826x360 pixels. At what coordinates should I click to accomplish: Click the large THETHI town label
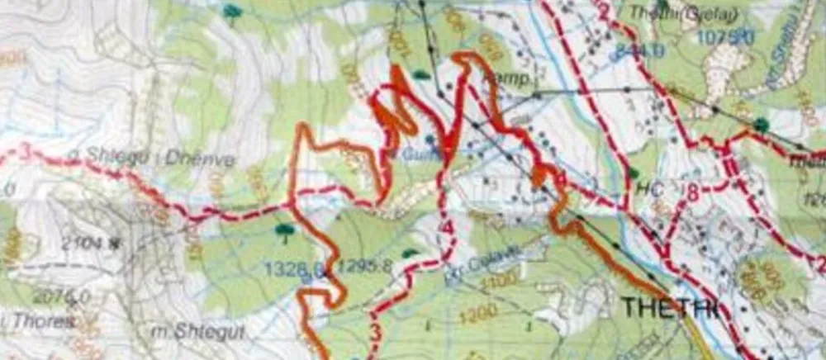coord(668,307)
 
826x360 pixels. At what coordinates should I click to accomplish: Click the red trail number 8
coord(692,193)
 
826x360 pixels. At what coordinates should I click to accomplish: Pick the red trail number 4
coord(447,227)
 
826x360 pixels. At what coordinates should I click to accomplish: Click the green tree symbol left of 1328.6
coord(286,229)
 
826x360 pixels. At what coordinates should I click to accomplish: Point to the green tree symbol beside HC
coord(633,174)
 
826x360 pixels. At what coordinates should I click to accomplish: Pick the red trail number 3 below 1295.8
coord(374,334)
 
